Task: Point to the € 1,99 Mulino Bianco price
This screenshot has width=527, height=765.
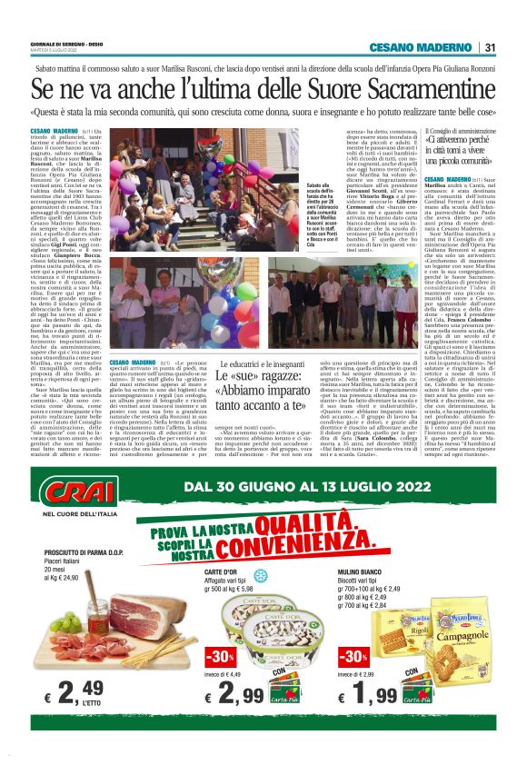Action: pos(373,695)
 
